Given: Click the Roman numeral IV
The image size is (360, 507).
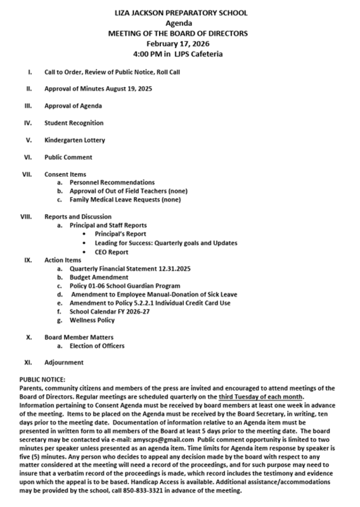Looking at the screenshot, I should (x=28, y=122).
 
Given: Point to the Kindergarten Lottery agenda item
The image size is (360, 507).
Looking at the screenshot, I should (x=75, y=139).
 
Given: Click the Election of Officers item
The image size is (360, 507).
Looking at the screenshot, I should (x=100, y=346).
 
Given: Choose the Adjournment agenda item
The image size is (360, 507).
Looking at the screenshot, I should (x=63, y=363).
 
